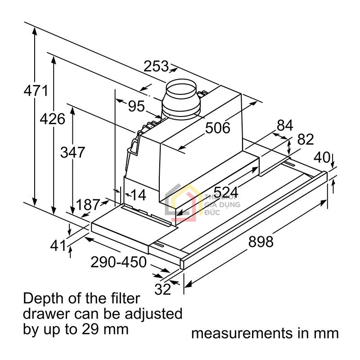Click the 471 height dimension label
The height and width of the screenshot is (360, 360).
(x=36, y=91)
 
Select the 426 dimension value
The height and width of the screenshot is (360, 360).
(x=53, y=119)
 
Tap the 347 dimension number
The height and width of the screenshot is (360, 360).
(x=72, y=152)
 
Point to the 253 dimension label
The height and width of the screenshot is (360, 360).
(x=156, y=67)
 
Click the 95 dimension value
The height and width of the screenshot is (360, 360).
(x=136, y=107)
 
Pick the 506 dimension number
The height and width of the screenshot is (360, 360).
(x=217, y=128)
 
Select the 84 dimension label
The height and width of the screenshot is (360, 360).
(x=285, y=125)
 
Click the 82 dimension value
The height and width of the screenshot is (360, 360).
(x=305, y=139)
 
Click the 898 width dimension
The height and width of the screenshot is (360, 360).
(x=261, y=242)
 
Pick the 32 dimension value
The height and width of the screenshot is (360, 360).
(x=163, y=289)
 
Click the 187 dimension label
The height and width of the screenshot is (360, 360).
(x=87, y=205)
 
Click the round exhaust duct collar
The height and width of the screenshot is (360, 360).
(x=180, y=99)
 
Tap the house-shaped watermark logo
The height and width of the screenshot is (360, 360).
(x=182, y=202)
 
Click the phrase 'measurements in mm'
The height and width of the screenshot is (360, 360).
(x=265, y=333)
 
